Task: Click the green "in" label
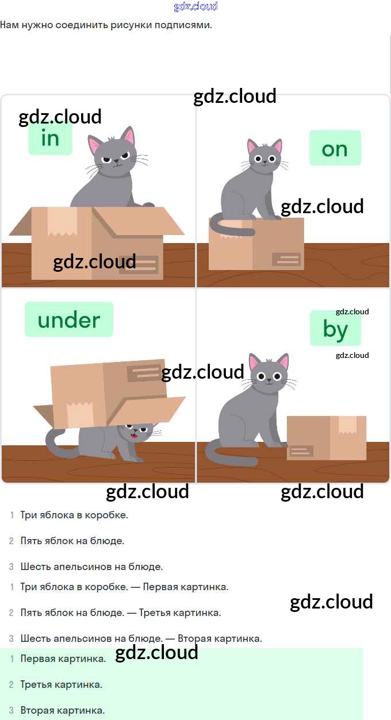(x=51, y=138)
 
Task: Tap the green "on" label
(x=335, y=148)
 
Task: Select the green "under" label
(x=69, y=319)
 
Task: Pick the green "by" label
(x=335, y=329)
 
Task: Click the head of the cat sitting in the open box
(x=114, y=153)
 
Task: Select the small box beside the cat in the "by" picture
(x=326, y=438)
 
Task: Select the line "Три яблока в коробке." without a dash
(x=74, y=515)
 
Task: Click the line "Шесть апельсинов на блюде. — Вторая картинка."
(x=141, y=638)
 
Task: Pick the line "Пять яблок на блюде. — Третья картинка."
(x=120, y=613)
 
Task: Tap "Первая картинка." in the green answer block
(x=63, y=659)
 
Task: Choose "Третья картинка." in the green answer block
(x=62, y=684)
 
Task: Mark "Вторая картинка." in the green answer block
(x=63, y=710)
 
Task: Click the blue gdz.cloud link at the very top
(x=195, y=6)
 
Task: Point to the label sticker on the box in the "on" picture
(x=286, y=259)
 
